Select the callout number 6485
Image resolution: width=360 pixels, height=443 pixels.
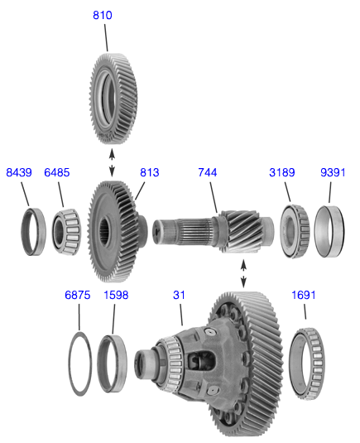(x=58, y=173)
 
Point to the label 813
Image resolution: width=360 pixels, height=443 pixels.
(x=149, y=173)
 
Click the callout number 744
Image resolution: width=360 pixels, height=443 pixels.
(x=208, y=173)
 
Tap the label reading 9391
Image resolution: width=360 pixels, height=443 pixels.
(x=333, y=173)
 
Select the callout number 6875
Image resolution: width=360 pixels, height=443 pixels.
(x=78, y=296)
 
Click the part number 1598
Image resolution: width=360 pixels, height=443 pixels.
(x=116, y=296)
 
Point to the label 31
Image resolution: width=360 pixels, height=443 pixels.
(x=179, y=296)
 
